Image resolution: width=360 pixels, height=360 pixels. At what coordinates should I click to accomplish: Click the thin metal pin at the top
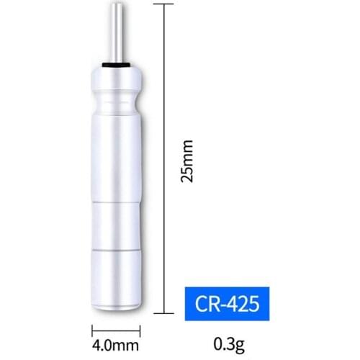[116, 32]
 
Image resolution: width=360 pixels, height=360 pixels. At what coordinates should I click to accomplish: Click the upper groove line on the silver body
[116, 203]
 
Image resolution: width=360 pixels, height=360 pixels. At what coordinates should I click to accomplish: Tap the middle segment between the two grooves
[116, 227]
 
